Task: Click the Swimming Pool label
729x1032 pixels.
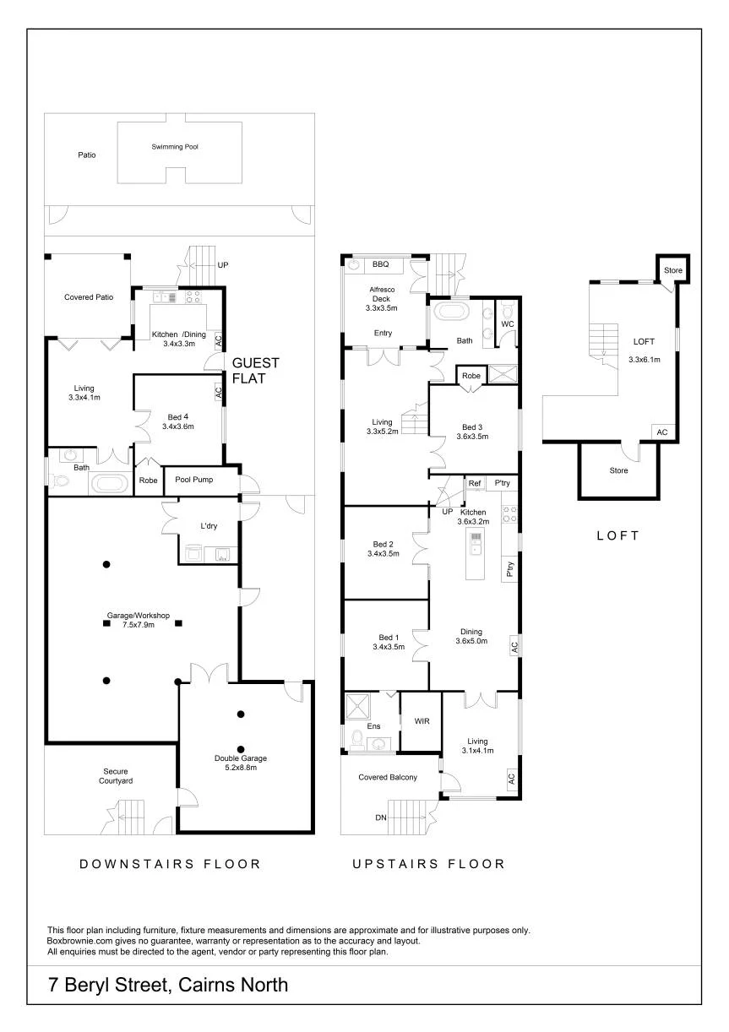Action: pyautogui.click(x=175, y=146)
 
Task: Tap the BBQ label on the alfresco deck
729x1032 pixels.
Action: pyautogui.click(x=381, y=264)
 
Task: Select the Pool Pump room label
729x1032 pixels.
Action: pyautogui.click(x=194, y=479)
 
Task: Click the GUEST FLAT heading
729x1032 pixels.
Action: pyautogui.click(x=255, y=371)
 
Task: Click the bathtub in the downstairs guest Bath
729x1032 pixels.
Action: pyautogui.click(x=109, y=484)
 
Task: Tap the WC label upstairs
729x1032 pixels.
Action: pyautogui.click(x=508, y=324)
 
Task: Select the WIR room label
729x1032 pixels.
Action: pyautogui.click(x=422, y=721)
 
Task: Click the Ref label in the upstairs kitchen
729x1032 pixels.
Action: pyautogui.click(x=475, y=483)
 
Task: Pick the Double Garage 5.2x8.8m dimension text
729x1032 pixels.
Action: pyautogui.click(x=241, y=768)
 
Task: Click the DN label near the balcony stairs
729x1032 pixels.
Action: pyautogui.click(x=381, y=817)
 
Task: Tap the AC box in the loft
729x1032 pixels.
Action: pyautogui.click(x=662, y=432)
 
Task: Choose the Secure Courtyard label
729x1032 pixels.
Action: pyautogui.click(x=116, y=776)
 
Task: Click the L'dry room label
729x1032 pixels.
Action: pyautogui.click(x=209, y=525)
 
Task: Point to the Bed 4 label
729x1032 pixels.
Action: pyautogui.click(x=178, y=417)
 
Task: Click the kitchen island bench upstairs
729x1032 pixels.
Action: pyautogui.click(x=475, y=554)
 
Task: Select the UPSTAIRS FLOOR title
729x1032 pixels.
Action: pyautogui.click(x=428, y=863)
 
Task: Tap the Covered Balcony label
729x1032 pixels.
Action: pyautogui.click(x=388, y=777)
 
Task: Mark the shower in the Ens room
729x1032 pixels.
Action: pyautogui.click(x=357, y=706)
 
